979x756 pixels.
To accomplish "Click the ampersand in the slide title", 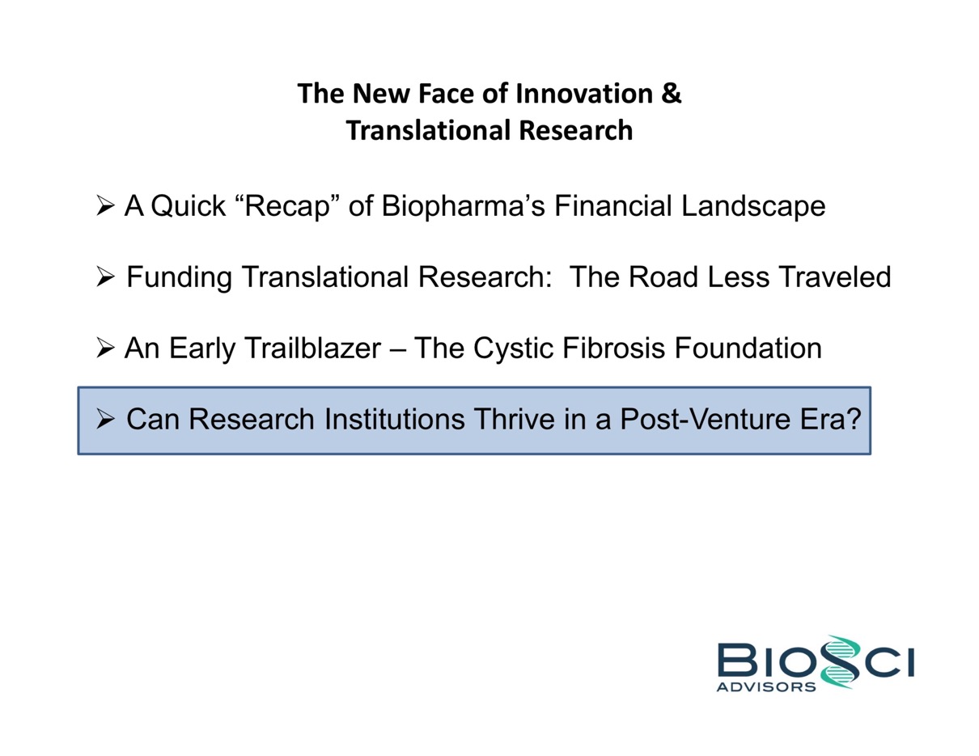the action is click(x=672, y=94).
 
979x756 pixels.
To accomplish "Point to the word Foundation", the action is click(x=748, y=348).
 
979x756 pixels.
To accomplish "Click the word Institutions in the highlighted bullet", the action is click(x=394, y=420).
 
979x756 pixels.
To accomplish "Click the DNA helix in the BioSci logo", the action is click(x=840, y=661).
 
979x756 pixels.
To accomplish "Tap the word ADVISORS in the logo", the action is click(x=766, y=687).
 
